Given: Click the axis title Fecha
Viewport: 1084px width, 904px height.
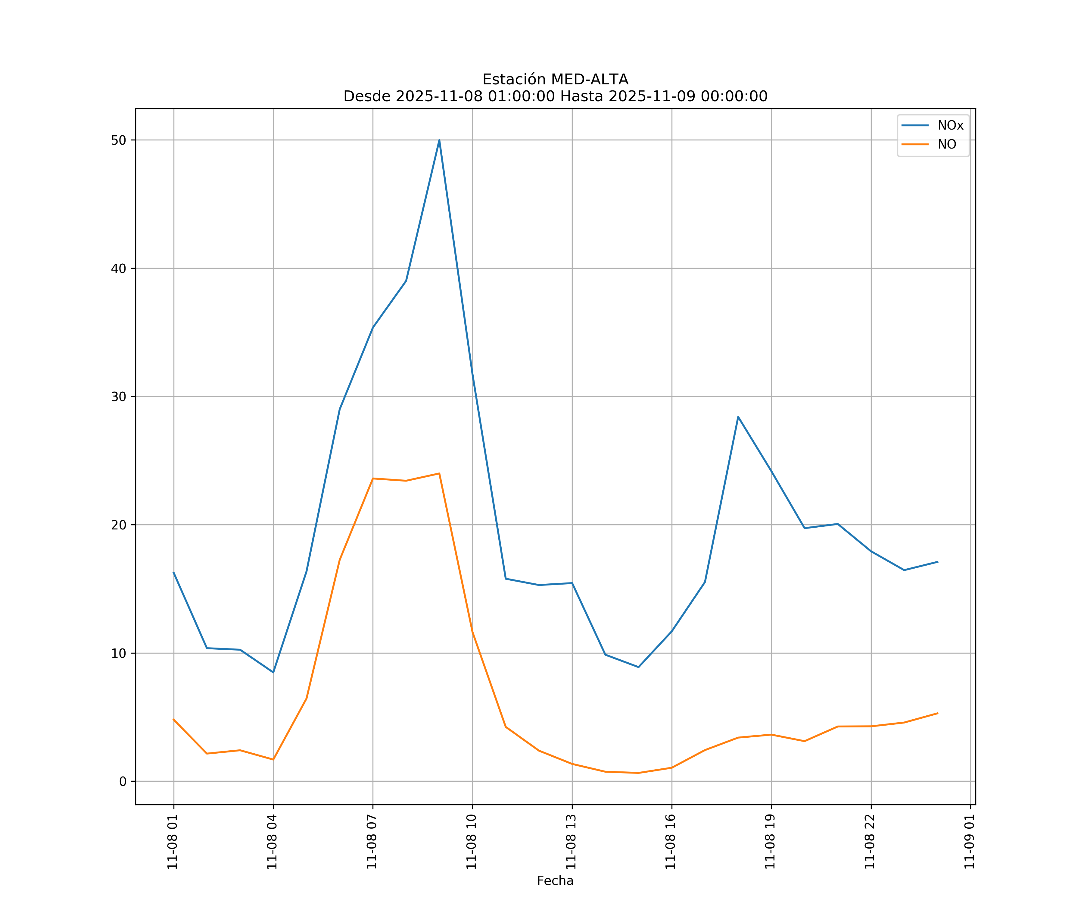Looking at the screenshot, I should click(555, 881).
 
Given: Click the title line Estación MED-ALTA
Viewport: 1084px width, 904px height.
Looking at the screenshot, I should click(555, 80).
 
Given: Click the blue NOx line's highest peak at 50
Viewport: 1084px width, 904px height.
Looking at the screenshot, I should click(439, 140).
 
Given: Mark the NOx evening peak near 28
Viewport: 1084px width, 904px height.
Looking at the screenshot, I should click(738, 416).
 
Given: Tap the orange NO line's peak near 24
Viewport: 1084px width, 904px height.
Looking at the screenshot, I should click(439, 473).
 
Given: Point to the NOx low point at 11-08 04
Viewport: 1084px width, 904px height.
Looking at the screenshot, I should click(273, 672).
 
